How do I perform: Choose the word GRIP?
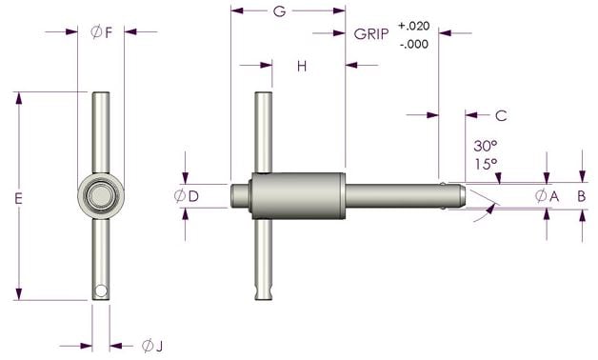(370, 32)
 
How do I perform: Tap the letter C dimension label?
(501, 115)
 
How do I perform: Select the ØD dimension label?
(186, 196)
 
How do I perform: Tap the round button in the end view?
(101, 196)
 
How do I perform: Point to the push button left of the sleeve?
(240, 195)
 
